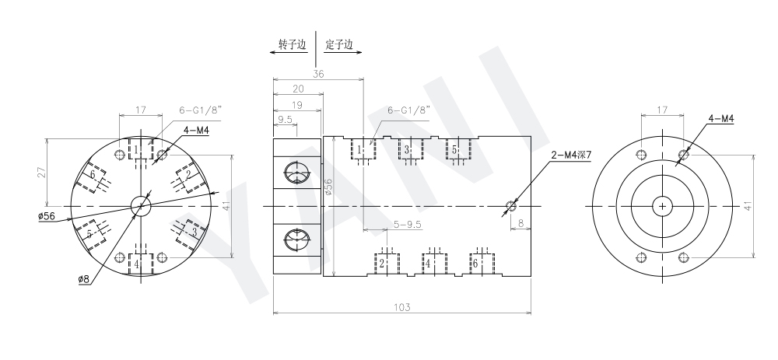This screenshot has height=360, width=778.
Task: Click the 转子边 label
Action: [x=292, y=44]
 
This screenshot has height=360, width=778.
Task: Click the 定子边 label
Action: [x=339, y=44]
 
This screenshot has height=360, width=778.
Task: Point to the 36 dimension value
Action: [x=318, y=74]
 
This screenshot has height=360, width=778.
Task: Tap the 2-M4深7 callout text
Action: [x=571, y=156]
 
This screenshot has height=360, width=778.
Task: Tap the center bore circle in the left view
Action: [x=141, y=206]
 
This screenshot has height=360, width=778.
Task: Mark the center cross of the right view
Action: [x=662, y=206]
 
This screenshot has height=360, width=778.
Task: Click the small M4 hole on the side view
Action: [x=512, y=206]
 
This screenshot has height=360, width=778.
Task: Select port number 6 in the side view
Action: [x=475, y=263]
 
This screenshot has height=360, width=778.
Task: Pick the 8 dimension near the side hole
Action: [x=519, y=222]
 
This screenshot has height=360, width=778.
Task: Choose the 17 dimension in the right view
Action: [x=661, y=110]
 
